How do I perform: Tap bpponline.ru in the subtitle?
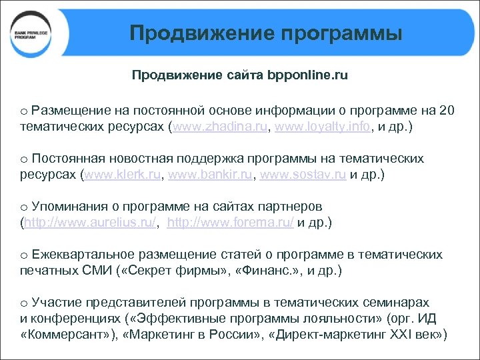point(307,75)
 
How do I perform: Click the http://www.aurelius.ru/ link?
point(90,223)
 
